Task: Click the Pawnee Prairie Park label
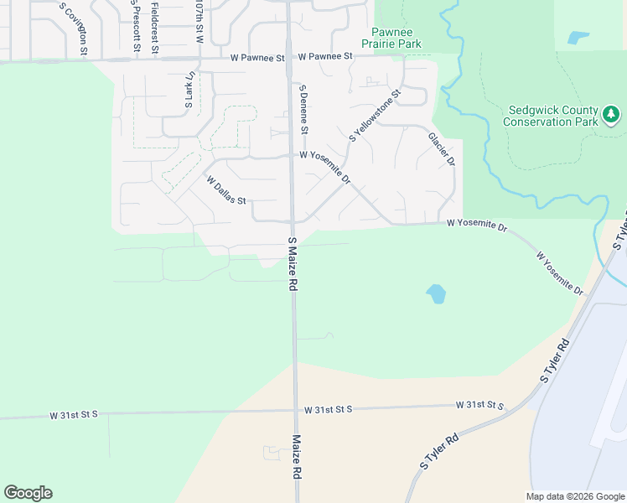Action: pyautogui.click(x=391, y=37)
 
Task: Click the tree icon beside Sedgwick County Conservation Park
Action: pyautogui.click(x=612, y=113)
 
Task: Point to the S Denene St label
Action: pyautogui.click(x=304, y=109)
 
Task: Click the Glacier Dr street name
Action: pyautogui.click(x=441, y=148)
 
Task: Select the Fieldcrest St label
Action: pyautogui.click(x=155, y=27)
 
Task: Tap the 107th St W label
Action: pyautogui.click(x=199, y=23)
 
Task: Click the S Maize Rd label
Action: pyautogui.click(x=293, y=264)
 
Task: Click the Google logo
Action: pyautogui.click(x=28, y=493)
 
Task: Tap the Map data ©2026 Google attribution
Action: pyautogui.click(x=575, y=496)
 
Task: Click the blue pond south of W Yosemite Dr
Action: pyautogui.click(x=436, y=293)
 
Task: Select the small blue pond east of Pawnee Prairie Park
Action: pyautogui.click(x=578, y=37)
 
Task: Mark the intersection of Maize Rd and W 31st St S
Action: pyautogui.click(x=295, y=411)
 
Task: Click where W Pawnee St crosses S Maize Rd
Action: pyautogui.click(x=288, y=59)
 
